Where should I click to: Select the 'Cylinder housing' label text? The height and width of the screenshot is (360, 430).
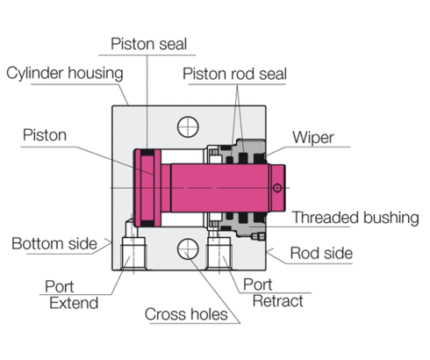pos(64,72)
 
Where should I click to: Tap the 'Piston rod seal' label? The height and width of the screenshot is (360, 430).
pos(233,73)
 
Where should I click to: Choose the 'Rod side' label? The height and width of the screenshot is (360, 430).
pos(323,254)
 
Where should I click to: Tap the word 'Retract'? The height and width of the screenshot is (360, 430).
pos(277,301)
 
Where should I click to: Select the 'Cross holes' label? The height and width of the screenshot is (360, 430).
pos(186,314)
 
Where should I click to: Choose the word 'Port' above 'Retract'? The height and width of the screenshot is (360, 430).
pos(257,284)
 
